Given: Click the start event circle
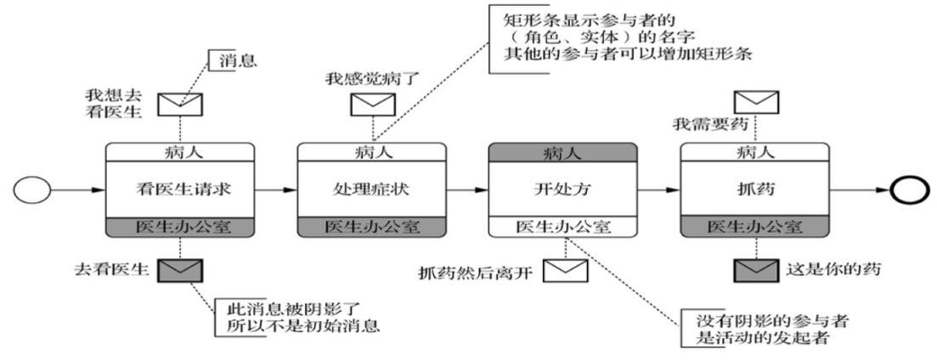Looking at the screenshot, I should [33, 189].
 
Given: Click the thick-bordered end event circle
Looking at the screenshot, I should [906, 189].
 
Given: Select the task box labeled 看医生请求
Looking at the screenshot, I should [180, 189].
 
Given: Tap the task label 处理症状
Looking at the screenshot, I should [372, 189].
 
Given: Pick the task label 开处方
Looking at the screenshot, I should [564, 189].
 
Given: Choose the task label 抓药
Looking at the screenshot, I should [755, 189].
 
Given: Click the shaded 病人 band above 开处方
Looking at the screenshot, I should [564, 153].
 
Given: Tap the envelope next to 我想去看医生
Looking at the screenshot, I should [181, 103].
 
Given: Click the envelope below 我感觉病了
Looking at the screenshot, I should [372, 104].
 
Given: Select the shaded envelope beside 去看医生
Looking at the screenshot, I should [181, 270].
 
